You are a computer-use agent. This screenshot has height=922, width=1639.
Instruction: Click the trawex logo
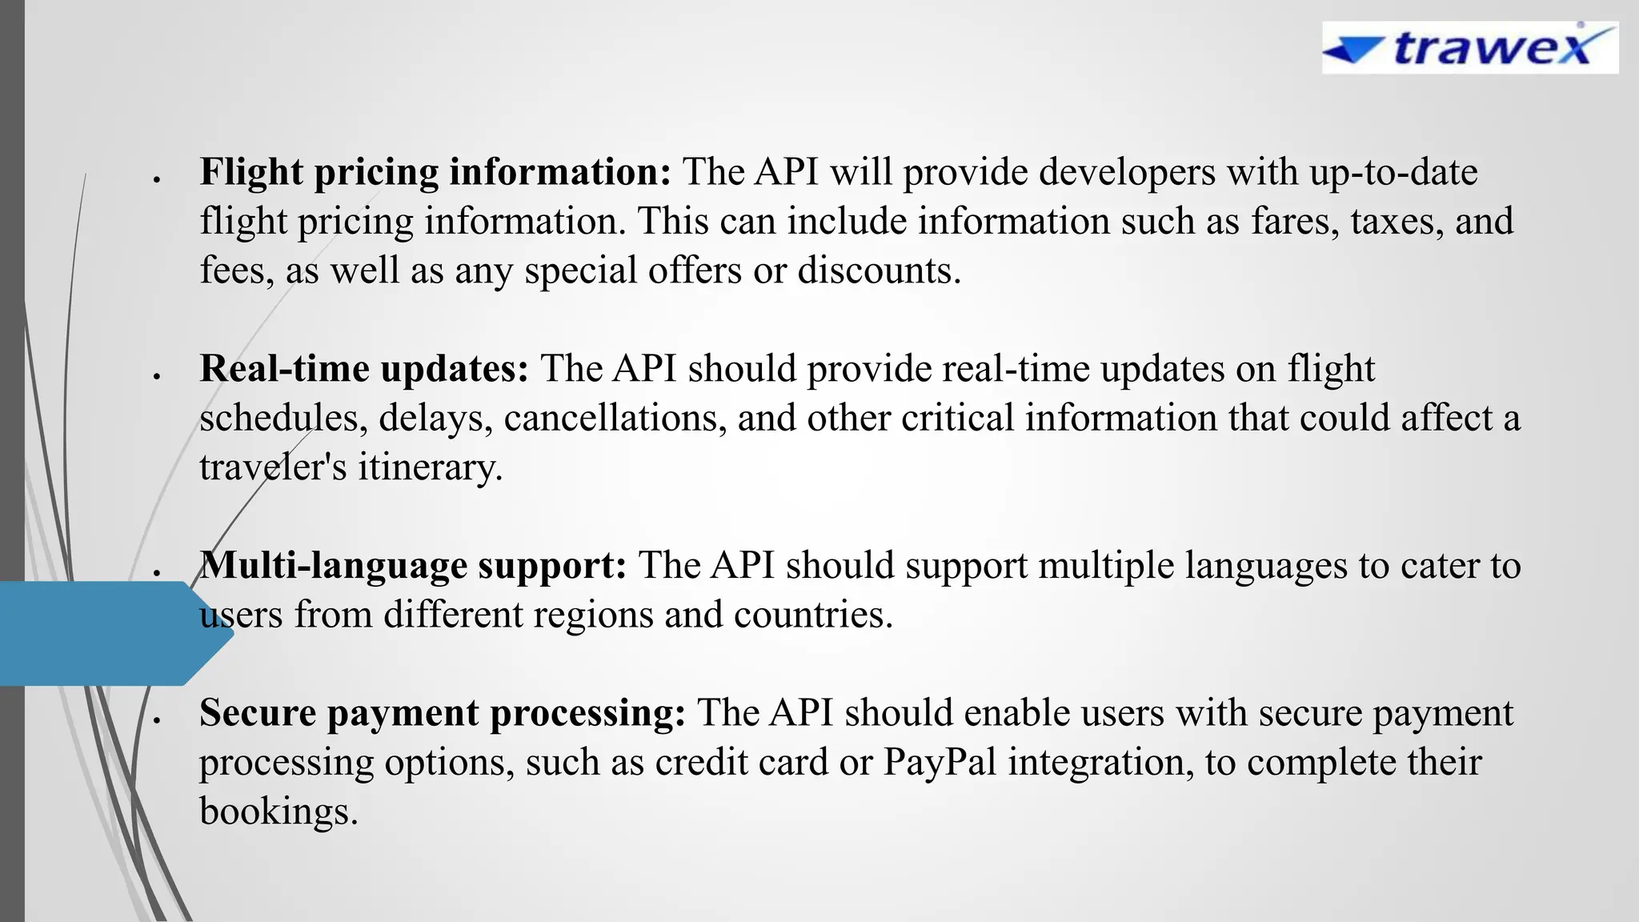(1469, 48)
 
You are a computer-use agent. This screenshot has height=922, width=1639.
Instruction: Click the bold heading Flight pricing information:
(435, 172)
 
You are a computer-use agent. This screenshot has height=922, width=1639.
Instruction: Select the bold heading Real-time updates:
(364, 369)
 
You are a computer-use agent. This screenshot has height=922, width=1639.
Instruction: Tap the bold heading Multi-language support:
(413, 566)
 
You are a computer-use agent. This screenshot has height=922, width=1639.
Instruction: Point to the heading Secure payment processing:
(442, 713)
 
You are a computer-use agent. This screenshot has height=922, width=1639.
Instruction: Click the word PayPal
(940, 762)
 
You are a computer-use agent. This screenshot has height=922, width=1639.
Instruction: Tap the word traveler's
(273, 467)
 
